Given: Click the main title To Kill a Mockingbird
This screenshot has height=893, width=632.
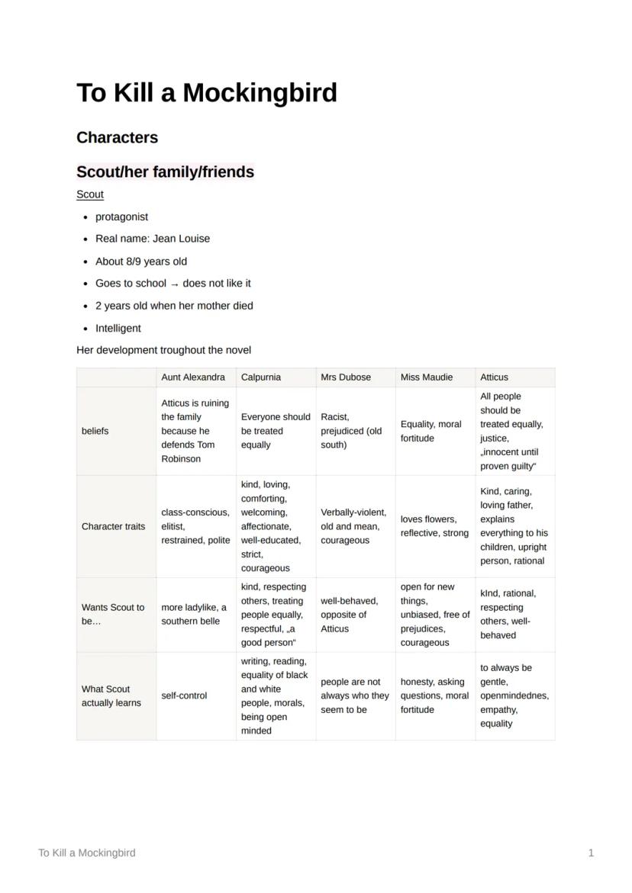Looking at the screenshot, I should [x=206, y=93].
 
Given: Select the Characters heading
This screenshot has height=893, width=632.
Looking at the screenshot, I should [x=117, y=137].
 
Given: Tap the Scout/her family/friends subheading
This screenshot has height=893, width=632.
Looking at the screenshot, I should [x=165, y=172].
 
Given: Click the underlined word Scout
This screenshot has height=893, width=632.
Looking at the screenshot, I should [x=89, y=194].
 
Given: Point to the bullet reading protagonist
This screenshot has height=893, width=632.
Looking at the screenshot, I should [x=121, y=217].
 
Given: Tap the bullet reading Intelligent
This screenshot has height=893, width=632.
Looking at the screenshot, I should [x=118, y=328].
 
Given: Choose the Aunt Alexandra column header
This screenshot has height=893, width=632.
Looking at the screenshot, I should [x=193, y=377].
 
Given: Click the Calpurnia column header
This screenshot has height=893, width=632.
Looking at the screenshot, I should [x=261, y=377].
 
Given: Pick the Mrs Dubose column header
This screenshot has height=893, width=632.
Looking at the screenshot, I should [x=346, y=377].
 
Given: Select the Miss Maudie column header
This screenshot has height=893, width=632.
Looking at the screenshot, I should [x=426, y=377].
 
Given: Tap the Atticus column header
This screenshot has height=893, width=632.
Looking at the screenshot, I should [x=494, y=377].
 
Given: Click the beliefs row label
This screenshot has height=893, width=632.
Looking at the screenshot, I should [x=95, y=431].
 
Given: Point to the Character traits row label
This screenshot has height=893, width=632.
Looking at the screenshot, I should [x=113, y=526].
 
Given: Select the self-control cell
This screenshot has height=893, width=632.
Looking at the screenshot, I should [x=184, y=695].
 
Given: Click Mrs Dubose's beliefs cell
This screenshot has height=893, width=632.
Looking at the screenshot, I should [x=351, y=431].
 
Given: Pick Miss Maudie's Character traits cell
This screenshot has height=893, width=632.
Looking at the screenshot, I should [x=434, y=526].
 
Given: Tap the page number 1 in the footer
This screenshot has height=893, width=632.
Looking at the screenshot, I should [x=591, y=853].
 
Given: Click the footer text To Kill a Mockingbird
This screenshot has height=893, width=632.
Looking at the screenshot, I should [x=87, y=853].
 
